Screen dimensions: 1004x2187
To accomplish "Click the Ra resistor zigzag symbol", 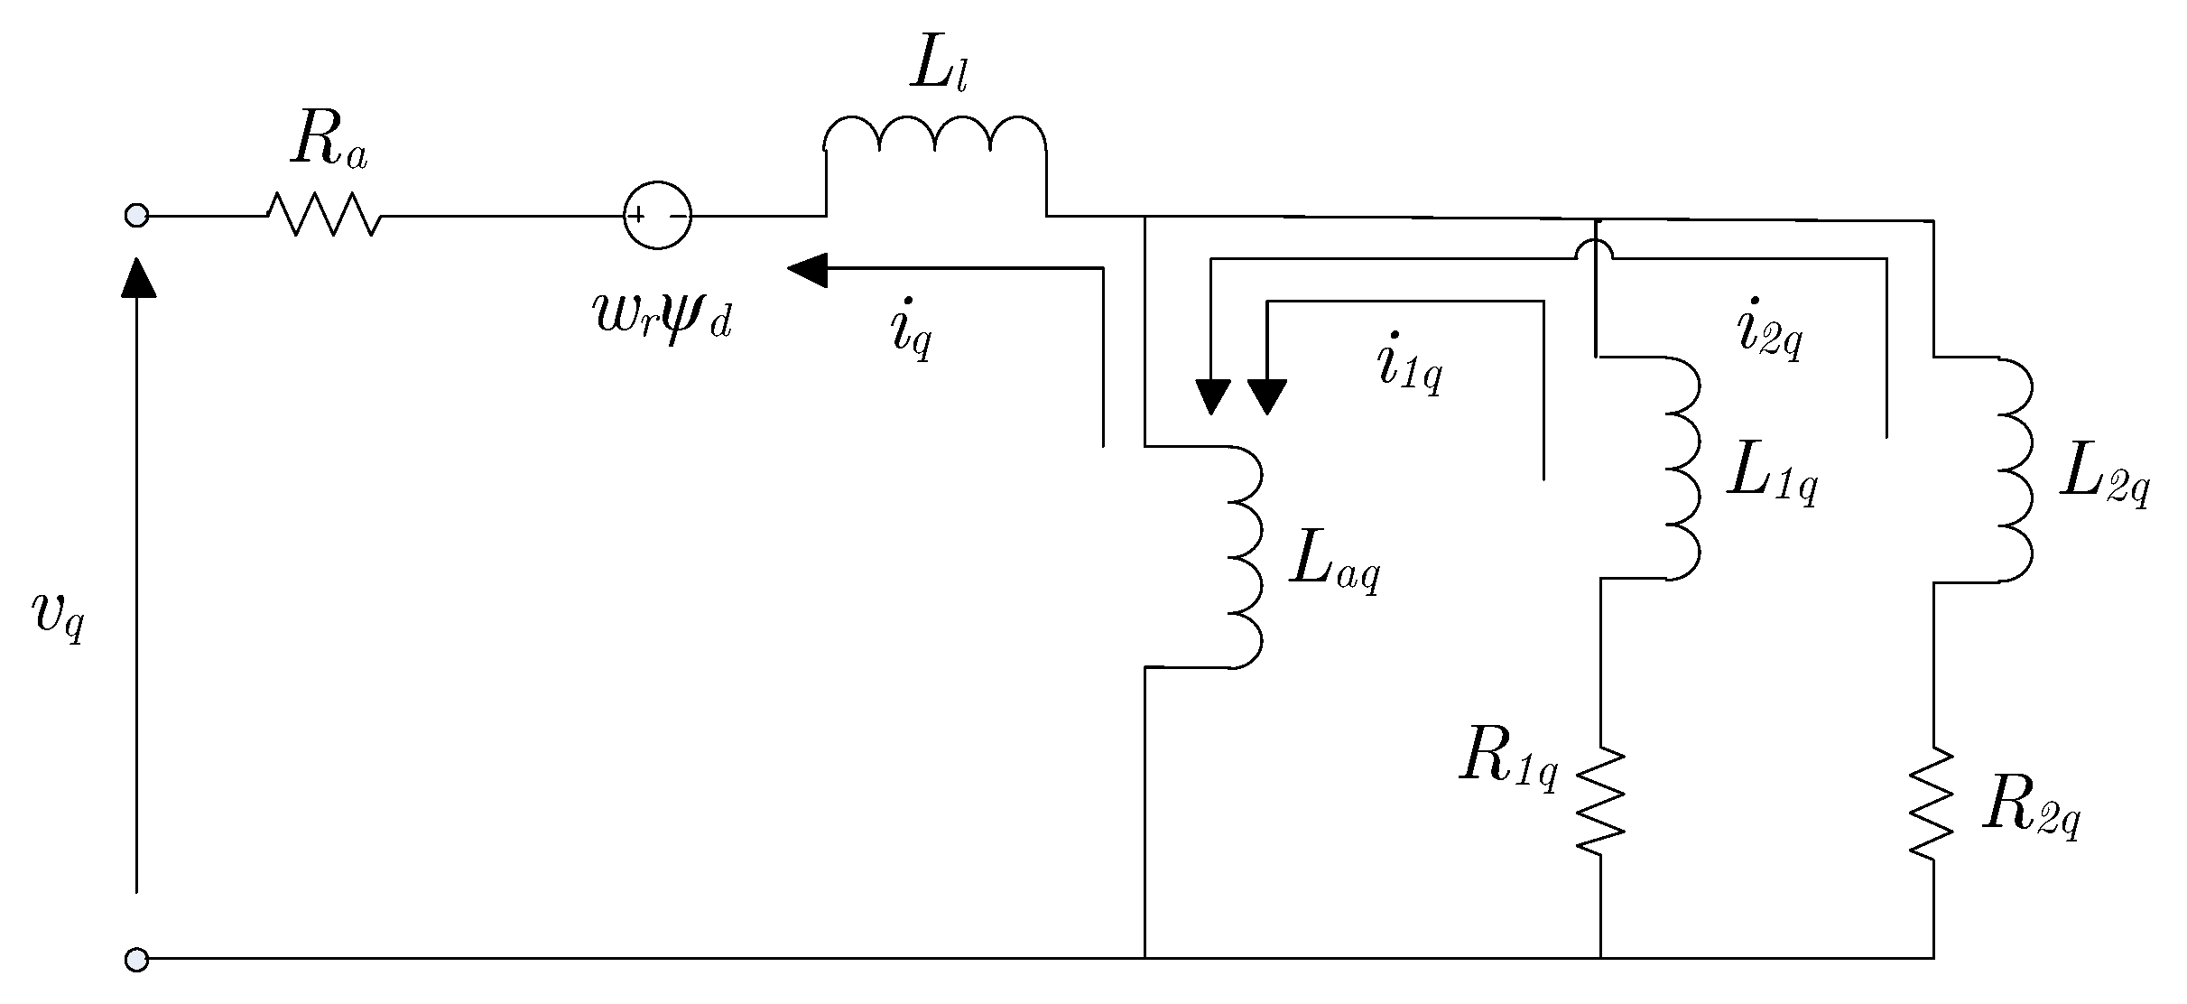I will (x=323, y=216).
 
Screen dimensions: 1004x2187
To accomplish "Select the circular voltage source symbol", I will (x=658, y=216).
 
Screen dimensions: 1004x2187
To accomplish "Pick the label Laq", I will (x=1333, y=566).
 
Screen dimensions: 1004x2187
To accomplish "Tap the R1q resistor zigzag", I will (x=1600, y=798).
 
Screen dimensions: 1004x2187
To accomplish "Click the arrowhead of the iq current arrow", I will (x=807, y=270).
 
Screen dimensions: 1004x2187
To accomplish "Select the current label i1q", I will (x=1409, y=366).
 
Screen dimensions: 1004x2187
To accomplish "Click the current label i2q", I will (x=1768, y=330).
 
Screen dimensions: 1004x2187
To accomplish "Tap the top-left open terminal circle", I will (x=136, y=216).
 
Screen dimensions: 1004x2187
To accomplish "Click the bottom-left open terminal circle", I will (x=136, y=958).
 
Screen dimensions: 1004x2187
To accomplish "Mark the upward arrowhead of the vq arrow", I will (x=136, y=276).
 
